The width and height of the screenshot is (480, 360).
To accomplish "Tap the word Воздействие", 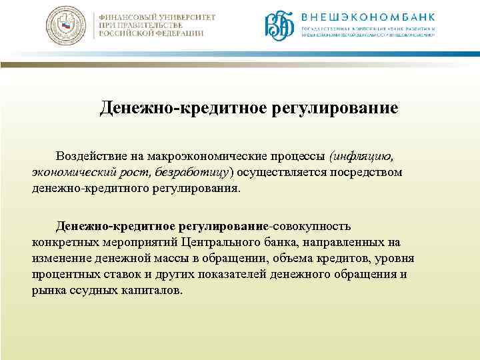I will (88, 156).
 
